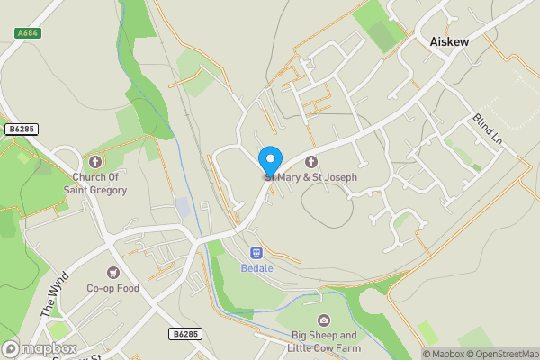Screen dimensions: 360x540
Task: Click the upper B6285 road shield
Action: tap(21, 130)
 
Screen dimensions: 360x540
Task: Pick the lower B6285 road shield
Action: tap(185, 334)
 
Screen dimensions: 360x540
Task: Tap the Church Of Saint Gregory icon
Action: tap(95, 162)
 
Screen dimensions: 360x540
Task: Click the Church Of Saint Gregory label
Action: tap(95, 184)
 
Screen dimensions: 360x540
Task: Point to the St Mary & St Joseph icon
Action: tap(312, 162)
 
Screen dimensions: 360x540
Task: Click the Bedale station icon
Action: tap(256, 253)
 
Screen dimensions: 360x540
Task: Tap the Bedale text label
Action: tap(256, 268)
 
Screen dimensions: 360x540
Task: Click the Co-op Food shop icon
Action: tap(113, 272)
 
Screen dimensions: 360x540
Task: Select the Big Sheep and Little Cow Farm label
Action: tap(325, 342)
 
